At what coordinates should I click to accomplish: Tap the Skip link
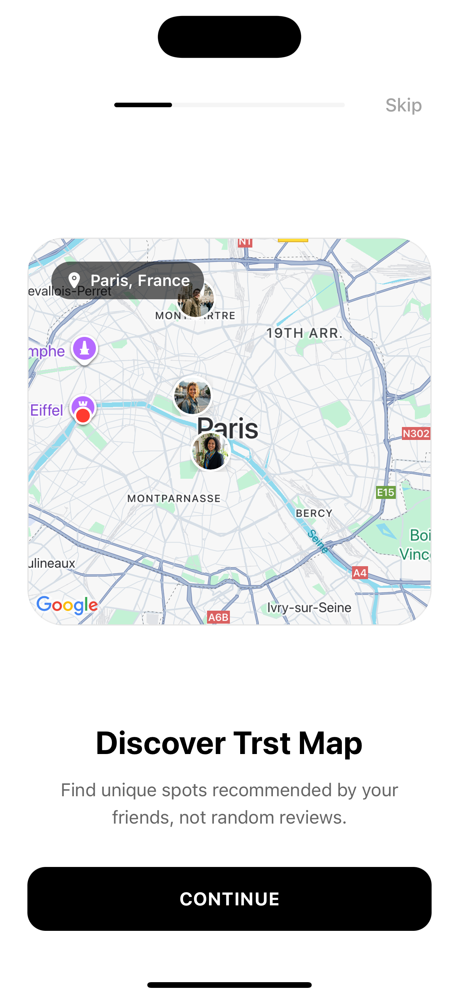click(403, 105)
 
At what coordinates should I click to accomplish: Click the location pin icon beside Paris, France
click(74, 280)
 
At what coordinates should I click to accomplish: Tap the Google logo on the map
click(67, 605)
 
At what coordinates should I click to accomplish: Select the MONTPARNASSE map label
click(174, 498)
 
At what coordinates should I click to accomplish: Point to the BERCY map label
click(314, 513)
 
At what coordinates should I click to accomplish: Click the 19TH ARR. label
click(304, 333)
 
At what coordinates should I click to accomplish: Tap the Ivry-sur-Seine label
click(309, 608)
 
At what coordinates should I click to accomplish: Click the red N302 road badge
click(416, 433)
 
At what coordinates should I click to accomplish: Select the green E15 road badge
click(386, 492)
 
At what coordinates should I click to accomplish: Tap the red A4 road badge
click(360, 573)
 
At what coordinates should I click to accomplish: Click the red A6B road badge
click(218, 617)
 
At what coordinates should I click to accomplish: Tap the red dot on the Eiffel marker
click(83, 416)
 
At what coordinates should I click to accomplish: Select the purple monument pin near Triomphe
click(84, 348)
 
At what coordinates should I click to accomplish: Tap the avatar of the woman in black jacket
click(211, 451)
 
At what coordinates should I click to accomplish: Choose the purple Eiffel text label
click(46, 410)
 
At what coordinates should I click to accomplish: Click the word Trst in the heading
click(262, 743)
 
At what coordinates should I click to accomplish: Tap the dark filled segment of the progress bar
click(143, 105)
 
